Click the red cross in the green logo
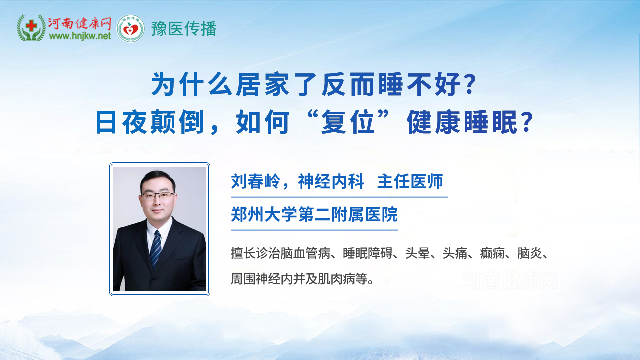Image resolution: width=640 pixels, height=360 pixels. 31,26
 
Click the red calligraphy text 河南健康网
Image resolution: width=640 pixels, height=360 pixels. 79,24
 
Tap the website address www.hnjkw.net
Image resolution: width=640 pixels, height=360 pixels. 80,36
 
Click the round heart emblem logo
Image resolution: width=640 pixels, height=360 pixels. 131,28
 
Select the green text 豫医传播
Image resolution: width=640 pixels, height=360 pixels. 184,29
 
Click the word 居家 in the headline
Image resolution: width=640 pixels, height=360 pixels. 262,84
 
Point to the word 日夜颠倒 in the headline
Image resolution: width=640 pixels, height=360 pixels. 150,122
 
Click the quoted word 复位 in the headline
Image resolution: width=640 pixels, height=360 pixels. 348,122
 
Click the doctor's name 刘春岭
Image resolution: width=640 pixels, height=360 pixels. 256,181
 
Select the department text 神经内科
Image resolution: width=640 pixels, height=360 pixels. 331,181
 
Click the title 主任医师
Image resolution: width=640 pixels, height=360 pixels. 410,181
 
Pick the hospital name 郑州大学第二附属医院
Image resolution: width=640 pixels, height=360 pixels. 314,214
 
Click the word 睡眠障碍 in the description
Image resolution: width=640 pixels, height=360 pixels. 367,253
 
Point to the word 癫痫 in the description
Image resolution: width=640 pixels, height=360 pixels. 492,253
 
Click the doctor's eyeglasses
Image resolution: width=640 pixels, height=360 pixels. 157,196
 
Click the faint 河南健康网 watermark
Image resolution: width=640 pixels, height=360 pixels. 510,280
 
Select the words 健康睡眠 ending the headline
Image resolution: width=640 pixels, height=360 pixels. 462,122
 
